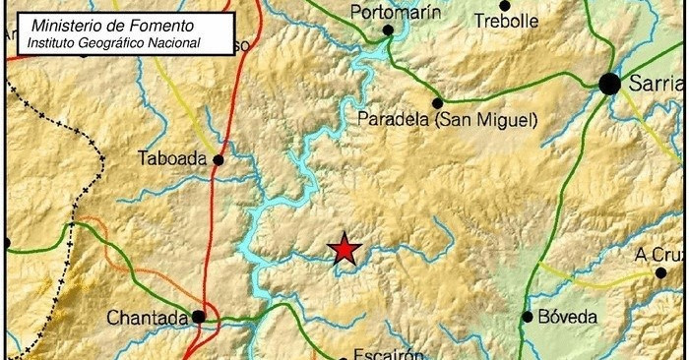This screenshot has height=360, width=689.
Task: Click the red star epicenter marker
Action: (x=344, y=249)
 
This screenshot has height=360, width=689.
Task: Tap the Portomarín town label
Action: (x=393, y=12)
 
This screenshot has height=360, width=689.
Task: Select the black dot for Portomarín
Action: (x=389, y=30)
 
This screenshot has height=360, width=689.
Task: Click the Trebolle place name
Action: (x=507, y=20)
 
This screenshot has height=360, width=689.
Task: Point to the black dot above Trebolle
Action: (x=505, y=5)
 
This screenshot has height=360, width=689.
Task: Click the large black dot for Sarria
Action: (x=609, y=85)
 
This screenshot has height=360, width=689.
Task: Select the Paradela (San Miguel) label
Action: (x=447, y=120)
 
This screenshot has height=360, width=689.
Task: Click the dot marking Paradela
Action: (x=437, y=102)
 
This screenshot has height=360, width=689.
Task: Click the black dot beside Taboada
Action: (x=218, y=159)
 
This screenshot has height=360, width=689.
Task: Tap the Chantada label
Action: (x=147, y=318)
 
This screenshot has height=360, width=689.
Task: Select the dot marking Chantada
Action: (x=199, y=317)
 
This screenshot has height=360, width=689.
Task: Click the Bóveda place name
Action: (x=567, y=317)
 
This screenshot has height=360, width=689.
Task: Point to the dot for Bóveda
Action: (x=528, y=317)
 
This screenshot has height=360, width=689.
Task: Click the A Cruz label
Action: (x=657, y=254)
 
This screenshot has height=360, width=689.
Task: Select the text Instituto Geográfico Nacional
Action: (x=114, y=42)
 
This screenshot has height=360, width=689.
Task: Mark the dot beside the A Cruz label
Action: (x=660, y=272)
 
